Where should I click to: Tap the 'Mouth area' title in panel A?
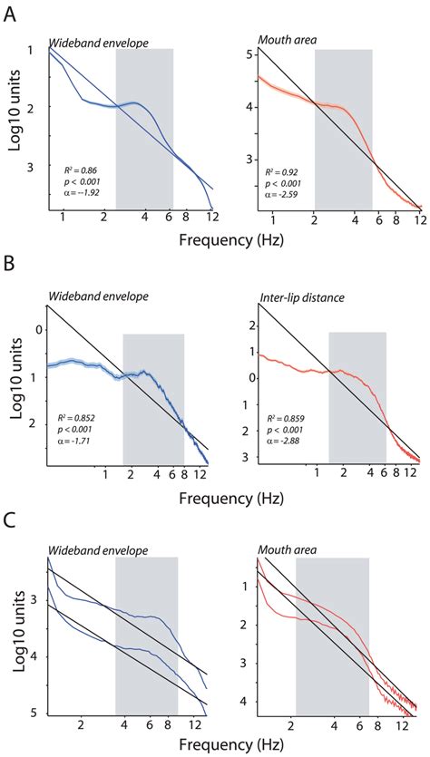click(282, 39)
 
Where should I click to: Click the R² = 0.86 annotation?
click(79, 170)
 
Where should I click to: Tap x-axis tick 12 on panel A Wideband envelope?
click(212, 218)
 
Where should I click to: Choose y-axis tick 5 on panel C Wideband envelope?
click(34, 715)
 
